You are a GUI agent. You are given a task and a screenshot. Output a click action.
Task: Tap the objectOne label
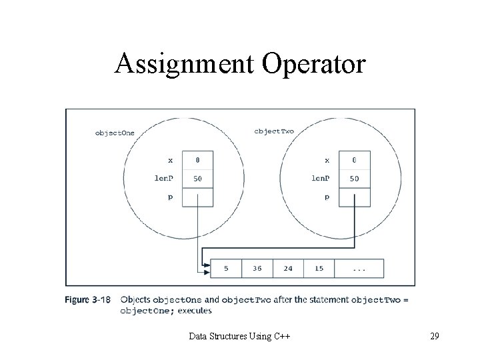(114, 133)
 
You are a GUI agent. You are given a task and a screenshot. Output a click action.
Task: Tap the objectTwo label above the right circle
(273, 131)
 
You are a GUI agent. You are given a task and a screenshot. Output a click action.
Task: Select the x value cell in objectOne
(197, 160)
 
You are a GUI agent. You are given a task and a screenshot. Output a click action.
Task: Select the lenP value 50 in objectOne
(197, 179)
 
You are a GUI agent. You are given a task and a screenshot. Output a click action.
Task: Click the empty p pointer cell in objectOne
(197, 197)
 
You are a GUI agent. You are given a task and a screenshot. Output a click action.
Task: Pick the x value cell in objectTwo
(354, 160)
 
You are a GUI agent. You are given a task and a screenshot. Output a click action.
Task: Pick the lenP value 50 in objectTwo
(354, 179)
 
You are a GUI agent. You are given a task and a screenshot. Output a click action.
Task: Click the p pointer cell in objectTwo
(354, 197)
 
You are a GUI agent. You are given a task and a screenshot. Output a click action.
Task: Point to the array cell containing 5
(226, 269)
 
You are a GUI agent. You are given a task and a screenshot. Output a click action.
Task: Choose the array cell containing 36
(257, 269)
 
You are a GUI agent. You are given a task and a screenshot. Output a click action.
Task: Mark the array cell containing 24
(288, 269)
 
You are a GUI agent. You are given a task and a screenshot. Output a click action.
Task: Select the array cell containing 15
(319, 269)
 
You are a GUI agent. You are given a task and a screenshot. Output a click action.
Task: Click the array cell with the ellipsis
(359, 269)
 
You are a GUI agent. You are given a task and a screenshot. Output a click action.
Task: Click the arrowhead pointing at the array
(205, 269)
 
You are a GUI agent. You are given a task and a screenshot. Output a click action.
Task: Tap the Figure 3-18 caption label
(87, 300)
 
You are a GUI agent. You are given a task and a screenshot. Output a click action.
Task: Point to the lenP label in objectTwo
(320, 179)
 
